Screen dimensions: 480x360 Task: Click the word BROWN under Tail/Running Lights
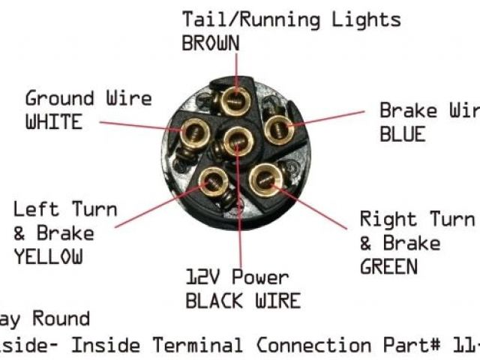tap(211, 43)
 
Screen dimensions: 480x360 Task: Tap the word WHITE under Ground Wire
tap(53, 121)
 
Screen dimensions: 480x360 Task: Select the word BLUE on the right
tap(402, 134)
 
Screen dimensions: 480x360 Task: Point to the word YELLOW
tap(47, 256)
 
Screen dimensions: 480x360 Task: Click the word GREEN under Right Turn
tap(389, 265)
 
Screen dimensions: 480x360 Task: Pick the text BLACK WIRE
tap(243, 301)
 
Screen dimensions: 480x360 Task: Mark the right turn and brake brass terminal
tap(265, 179)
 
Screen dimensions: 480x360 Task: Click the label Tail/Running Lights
tap(292, 19)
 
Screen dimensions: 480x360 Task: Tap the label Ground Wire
tap(88, 98)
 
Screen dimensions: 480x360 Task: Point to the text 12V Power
tap(237, 277)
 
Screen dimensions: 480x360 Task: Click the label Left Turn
tap(65, 208)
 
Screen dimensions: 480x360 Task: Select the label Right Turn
tap(417, 220)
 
